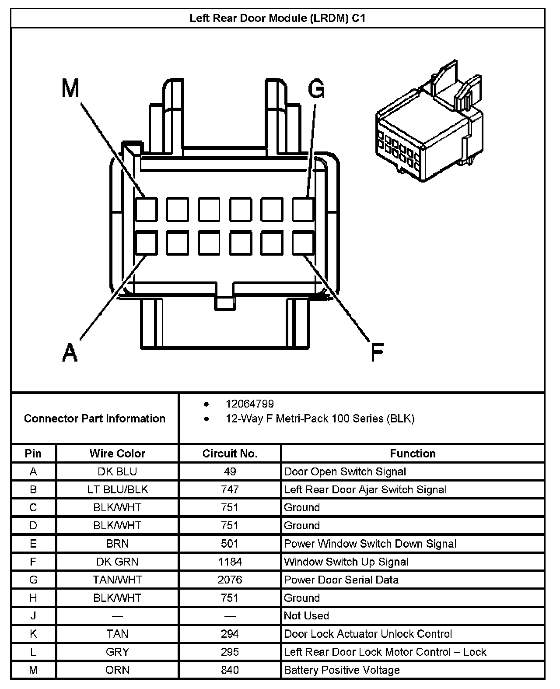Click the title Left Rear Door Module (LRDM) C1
277,18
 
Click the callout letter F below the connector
377,352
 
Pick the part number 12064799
250,404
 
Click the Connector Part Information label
94,418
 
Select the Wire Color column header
117,453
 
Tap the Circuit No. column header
230,453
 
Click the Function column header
413,453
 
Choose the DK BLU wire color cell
117,471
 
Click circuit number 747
230,489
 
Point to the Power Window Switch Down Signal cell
370,544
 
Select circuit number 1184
230,562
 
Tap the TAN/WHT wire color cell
117,580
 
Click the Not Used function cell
306,616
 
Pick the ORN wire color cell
117,670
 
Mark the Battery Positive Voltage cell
342,670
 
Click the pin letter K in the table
33,634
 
